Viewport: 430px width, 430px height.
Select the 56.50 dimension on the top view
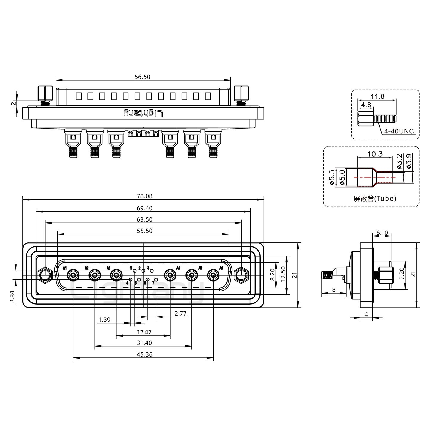coord(142,77)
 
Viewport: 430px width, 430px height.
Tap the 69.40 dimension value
coord(145,208)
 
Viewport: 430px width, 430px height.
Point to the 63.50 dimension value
coord(145,219)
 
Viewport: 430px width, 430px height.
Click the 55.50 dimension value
coord(145,231)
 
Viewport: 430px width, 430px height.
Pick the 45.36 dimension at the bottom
coord(145,354)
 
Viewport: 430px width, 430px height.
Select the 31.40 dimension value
coord(144,343)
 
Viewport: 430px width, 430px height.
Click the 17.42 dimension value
coord(144,332)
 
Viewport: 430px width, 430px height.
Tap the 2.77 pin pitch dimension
coord(181,313)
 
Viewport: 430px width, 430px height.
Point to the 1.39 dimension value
coord(105,320)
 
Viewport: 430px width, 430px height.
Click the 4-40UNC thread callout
coord(399,131)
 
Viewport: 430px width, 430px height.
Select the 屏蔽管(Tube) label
coord(375,199)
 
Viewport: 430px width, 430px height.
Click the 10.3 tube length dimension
coord(375,154)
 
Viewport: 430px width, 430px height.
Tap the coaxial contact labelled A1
coord(73,275)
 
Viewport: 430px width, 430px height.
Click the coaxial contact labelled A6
coord(213,275)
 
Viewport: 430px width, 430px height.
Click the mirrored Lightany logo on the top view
coord(144,113)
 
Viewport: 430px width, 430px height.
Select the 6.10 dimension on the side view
coord(382,233)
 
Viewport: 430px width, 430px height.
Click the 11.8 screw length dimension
coord(377,96)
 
